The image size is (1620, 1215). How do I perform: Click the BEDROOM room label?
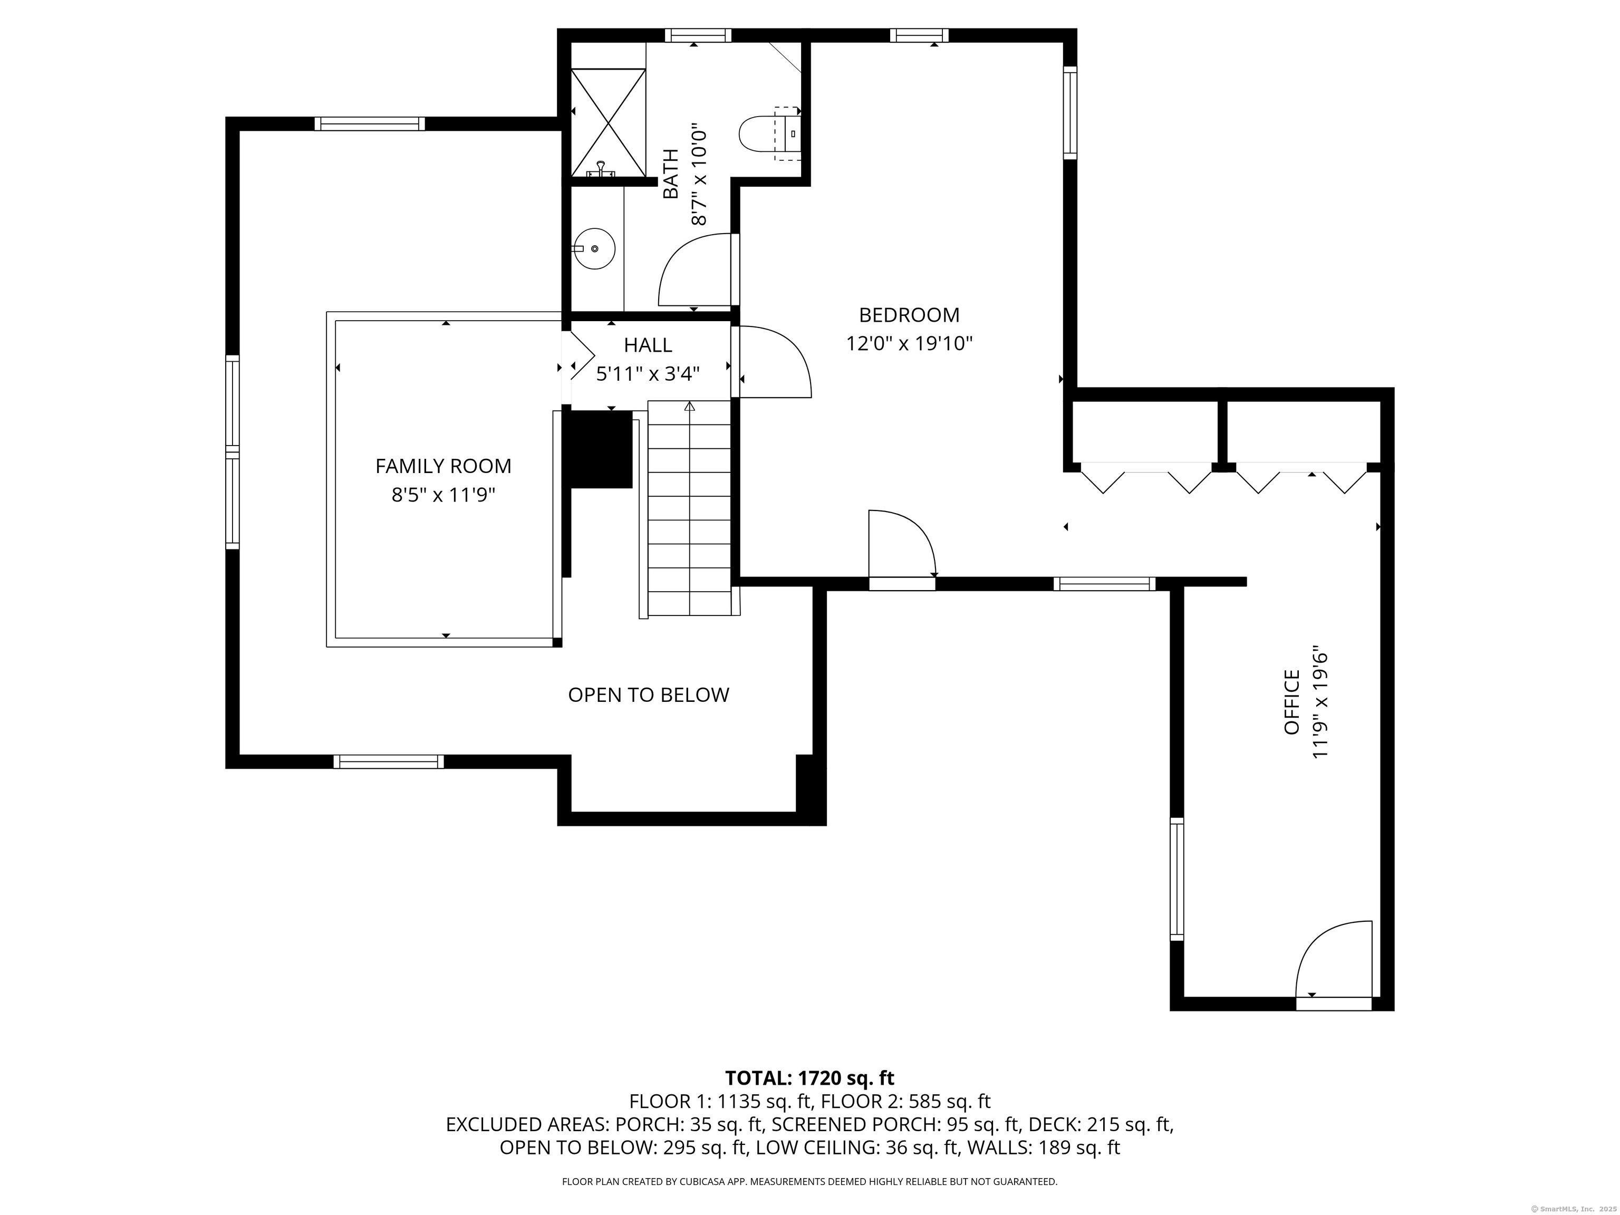(x=909, y=315)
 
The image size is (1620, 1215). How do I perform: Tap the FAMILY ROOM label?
(x=443, y=466)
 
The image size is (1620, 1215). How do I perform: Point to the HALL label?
(x=648, y=345)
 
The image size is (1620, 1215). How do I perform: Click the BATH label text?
(x=671, y=173)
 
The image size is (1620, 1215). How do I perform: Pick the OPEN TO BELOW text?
(x=649, y=695)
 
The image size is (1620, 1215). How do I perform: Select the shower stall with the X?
(x=608, y=122)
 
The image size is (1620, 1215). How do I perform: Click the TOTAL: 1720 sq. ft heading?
(x=809, y=1078)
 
